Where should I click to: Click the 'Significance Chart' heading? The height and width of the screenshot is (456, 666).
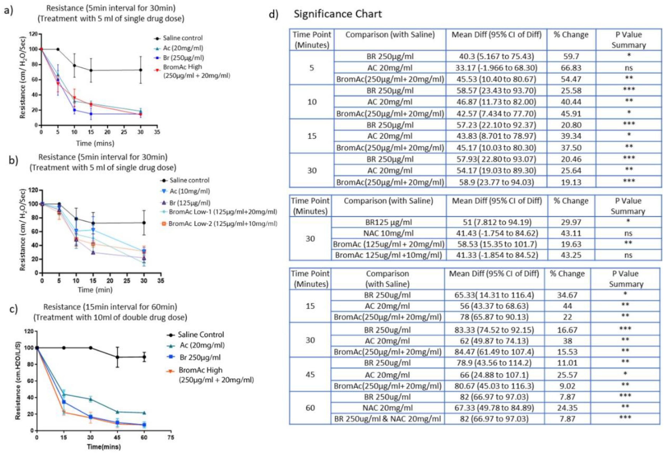[x=338, y=14]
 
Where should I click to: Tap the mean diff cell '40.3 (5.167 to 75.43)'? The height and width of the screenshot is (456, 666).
[x=496, y=56]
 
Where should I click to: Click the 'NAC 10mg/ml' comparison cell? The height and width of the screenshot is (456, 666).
[x=388, y=233]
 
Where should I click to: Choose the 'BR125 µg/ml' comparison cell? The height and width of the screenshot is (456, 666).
[x=388, y=222]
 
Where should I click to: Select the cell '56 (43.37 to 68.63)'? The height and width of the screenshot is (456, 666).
[x=494, y=306]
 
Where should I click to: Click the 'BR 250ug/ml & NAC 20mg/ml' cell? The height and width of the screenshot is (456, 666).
[x=387, y=419]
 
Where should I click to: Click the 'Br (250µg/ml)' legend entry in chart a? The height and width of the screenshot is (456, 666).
[x=183, y=58]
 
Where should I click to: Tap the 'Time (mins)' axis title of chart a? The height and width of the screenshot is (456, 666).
[x=95, y=143]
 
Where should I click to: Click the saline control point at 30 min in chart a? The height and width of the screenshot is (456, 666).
[x=140, y=70]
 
